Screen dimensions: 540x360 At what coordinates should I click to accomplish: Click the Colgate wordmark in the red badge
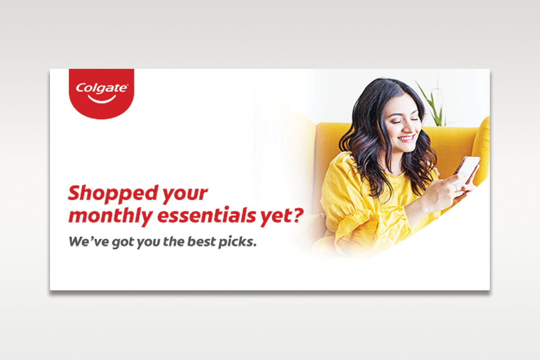click(102, 88)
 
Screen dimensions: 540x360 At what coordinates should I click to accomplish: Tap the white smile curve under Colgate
click(102, 100)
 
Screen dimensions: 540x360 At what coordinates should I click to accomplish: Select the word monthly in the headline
click(111, 216)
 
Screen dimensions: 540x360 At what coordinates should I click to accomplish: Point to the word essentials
click(207, 215)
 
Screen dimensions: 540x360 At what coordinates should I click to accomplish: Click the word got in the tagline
click(123, 243)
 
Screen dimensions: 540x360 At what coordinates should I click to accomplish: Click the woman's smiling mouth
click(407, 139)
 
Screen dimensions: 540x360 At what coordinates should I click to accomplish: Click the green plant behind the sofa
click(434, 103)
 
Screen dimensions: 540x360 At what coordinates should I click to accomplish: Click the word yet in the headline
click(275, 216)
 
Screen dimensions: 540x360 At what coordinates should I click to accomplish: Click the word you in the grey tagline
click(148, 243)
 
